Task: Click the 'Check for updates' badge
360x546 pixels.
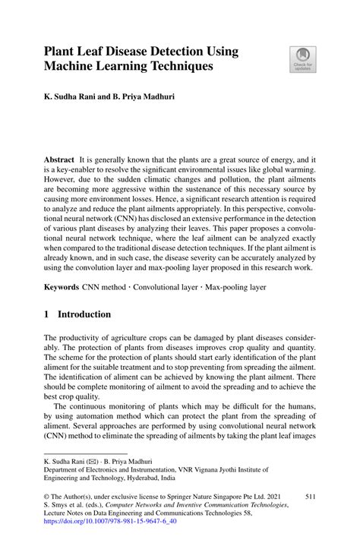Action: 302,59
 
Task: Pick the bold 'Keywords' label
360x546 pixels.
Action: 62,287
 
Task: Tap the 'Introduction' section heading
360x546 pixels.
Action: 85,314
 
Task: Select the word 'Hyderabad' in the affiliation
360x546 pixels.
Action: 150,479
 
